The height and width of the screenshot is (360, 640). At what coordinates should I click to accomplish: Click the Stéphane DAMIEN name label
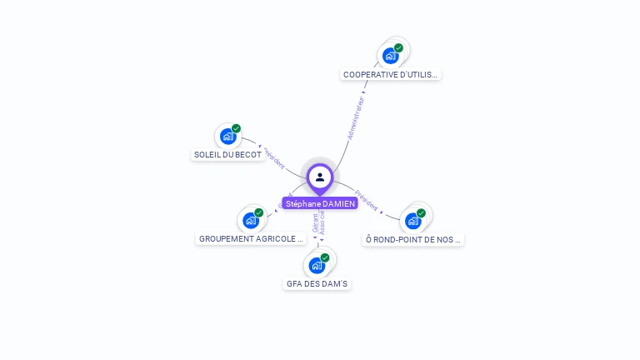[320, 203]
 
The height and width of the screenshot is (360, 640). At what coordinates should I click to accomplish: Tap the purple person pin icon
[320, 177]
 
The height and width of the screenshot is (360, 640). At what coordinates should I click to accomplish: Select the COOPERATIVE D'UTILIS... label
[391, 74]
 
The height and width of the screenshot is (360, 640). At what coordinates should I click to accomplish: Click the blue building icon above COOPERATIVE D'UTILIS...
[390, 57]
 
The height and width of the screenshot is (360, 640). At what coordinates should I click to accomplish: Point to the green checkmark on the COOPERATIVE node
[399, 48]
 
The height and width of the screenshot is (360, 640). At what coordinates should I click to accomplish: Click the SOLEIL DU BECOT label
[227, 154]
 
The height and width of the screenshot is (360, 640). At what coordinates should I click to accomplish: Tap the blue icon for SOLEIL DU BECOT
[227, 137]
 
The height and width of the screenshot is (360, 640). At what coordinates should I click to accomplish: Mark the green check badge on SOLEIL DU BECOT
[237, 128]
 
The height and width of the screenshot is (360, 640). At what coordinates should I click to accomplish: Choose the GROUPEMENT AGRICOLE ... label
[252, 238]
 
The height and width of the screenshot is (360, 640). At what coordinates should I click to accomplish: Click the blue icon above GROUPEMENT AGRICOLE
[250, 221]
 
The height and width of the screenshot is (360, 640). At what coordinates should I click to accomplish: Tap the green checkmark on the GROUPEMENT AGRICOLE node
[259, 212]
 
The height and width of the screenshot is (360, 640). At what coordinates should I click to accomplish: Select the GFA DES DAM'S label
[317, 283]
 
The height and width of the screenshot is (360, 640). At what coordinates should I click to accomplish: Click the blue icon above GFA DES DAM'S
[316, 266]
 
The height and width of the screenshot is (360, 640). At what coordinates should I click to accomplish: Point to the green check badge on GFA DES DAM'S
[325, 257]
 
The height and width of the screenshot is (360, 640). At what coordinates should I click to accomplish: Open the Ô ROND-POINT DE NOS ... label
[413, 239]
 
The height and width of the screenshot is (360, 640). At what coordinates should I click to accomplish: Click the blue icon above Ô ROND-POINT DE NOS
[412, 221]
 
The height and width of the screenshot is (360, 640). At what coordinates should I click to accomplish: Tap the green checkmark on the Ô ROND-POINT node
[422, 212]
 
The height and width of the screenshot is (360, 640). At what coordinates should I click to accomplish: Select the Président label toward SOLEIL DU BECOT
[275, 158]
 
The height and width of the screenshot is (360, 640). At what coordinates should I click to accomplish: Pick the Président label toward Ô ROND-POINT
[367, 200]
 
